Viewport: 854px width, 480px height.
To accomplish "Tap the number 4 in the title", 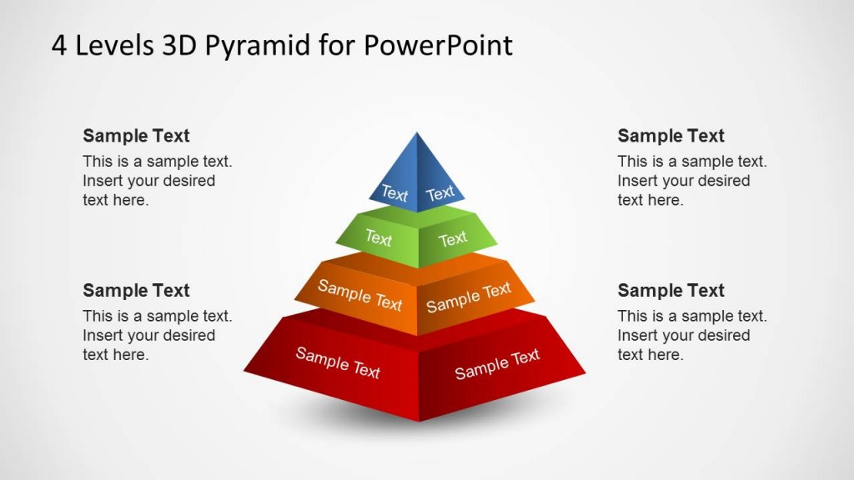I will [x=59, y=45].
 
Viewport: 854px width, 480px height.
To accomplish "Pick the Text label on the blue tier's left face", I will [x=394, y=193].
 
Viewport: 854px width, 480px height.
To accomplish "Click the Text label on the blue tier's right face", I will [x=440, y=193].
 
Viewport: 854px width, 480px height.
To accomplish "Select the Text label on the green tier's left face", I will [x=378, y=238].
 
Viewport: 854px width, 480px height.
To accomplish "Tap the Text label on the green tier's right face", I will [x=453, y=239].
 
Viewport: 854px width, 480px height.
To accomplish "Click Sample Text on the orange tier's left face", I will [x=359, y=295].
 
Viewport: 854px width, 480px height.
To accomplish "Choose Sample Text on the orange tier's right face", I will [x=469, y=297].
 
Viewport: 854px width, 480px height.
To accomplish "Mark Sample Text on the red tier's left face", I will [x=338, y=362].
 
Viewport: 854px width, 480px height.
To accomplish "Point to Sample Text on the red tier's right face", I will [x=497, y=364].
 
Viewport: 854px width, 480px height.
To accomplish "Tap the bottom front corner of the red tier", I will [x=419, y=421].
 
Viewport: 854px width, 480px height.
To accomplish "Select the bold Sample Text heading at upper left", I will [x=136, y=136].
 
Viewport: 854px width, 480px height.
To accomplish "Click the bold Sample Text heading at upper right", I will [x=671, y=136].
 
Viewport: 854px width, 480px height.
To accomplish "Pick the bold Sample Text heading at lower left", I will [x=136, y=290].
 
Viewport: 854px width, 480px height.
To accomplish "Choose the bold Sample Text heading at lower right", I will [x=671, y=290].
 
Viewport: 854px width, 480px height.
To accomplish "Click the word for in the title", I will [x=335, y=45].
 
